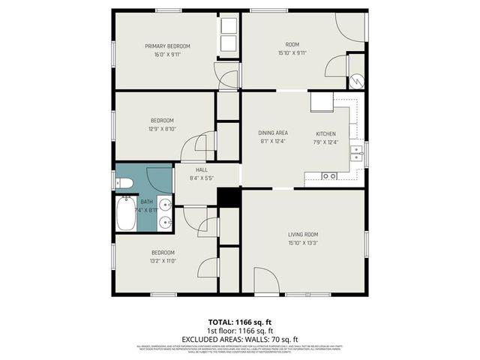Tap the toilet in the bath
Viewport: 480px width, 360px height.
pos(124,183)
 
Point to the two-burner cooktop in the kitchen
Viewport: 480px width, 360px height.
pos(328,176)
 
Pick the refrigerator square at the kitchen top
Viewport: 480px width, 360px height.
pos(322,101)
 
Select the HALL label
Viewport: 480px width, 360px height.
pos(202,169)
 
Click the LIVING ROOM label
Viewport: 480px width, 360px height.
pos(303,234)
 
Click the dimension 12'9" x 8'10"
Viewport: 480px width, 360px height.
pos(163,129)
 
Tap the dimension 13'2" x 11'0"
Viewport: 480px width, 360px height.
pos(163,261)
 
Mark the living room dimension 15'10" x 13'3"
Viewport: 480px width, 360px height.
pos(303,243)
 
